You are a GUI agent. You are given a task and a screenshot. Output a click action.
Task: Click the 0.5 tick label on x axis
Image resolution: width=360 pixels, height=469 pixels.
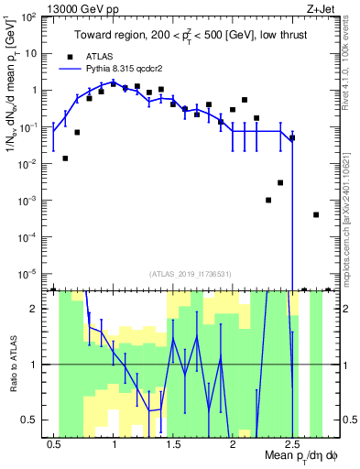[55, 443]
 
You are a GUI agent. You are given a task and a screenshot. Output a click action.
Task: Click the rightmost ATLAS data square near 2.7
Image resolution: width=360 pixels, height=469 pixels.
[316, 214]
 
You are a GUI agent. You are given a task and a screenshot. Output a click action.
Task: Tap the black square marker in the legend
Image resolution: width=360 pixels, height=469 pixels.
[71, 55]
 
